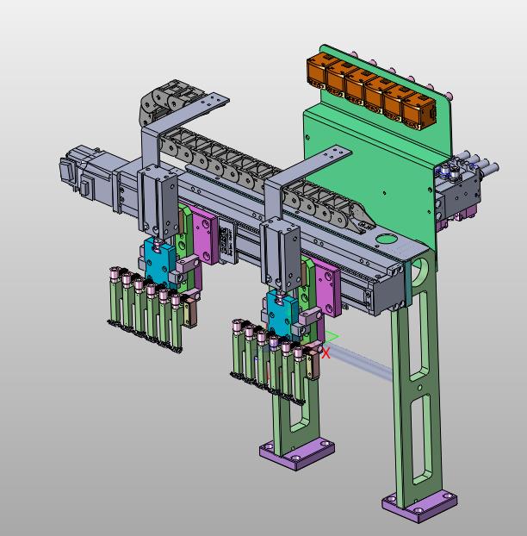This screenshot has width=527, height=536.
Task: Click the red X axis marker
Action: coord(325,353)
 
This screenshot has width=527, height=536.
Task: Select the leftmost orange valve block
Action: coord(317,72)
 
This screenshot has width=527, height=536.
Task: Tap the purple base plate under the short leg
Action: coord(297,453)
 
